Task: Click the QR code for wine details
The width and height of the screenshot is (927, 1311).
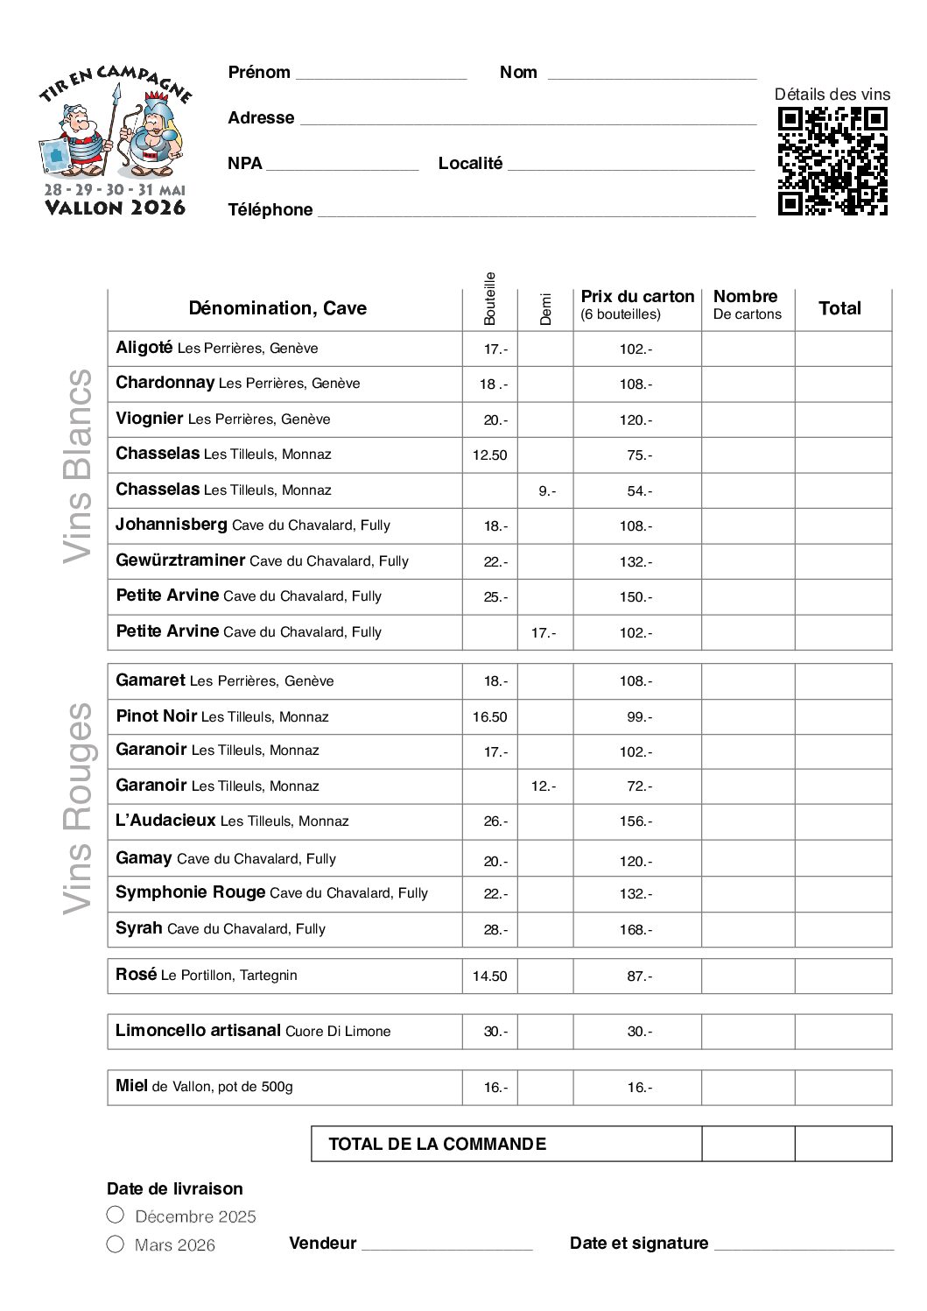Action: pyautogui.click(x=832, y=161)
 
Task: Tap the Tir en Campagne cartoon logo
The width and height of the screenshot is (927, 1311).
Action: pyautogui.click(x=114, y=140)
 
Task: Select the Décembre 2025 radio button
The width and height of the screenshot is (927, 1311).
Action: pyautogui.click(x=116, y=1215)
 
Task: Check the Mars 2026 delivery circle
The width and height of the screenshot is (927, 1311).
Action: pyautogui.click(x=116, y=1244)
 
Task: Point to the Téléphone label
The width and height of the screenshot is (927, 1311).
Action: pyautogui.click(x=270, y=209)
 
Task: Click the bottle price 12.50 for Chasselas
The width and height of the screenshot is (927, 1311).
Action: pyautogui.click(x=489, y=455)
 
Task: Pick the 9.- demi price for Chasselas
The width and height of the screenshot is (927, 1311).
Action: pyautogui.click(x=546, y=491)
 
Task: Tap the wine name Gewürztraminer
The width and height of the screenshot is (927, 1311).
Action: pyautogui.click(x=180, y=560)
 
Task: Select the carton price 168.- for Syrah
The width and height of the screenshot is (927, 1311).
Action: pyautogui.click(x=636, y=930)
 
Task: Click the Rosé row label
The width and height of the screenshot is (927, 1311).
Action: pyautogui.click(x=136, y=975)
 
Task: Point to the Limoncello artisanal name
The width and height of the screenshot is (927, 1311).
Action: pyautogui.click(x=198, y=1031)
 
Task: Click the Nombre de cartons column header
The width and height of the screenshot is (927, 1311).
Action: pyautogui.click(x=747, y=305)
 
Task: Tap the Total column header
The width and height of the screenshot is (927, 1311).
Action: pyautogui.click(x=839, y=308)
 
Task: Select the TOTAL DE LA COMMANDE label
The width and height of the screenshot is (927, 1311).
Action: pyautogui.click(x=437, y=1144)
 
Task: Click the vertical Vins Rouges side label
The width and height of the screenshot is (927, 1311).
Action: pyautogui.click(x=78, y=808)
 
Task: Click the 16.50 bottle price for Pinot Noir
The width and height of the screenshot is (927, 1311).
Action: pyautogui.click(x=489, y=717)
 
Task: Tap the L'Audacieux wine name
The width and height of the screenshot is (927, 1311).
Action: pyautogui.click(x=165, y=821)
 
